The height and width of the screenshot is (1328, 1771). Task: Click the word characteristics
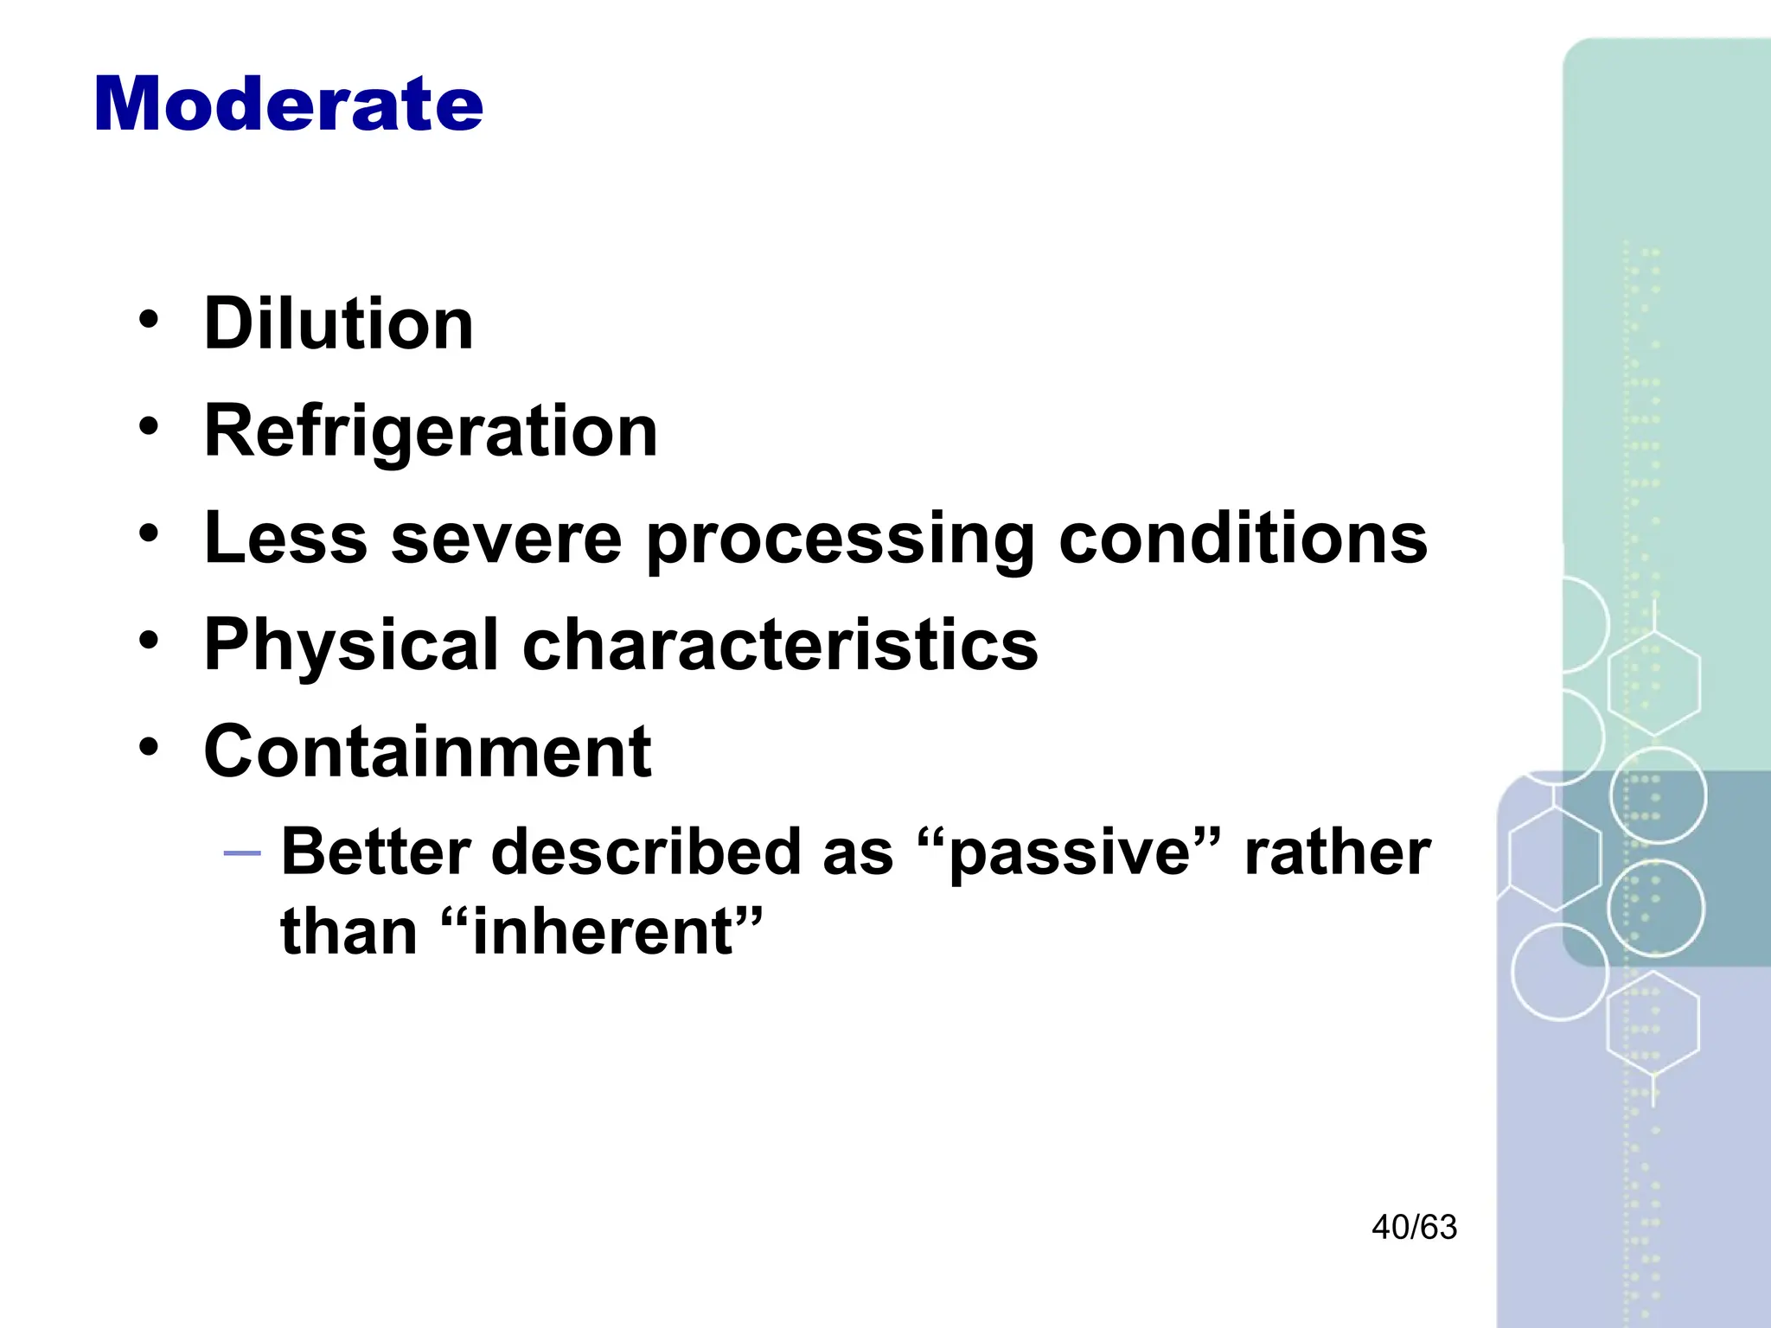pos(780,645)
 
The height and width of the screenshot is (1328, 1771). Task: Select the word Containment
pos(427,751)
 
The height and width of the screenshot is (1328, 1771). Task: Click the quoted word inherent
pos(603,932)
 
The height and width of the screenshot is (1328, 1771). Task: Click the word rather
pos(1337,852)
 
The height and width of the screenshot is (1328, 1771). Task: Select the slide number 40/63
pos(1414,1228)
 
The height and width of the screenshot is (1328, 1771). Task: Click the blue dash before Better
pos(241,854)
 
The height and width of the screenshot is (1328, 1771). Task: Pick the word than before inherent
pos(348,932)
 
